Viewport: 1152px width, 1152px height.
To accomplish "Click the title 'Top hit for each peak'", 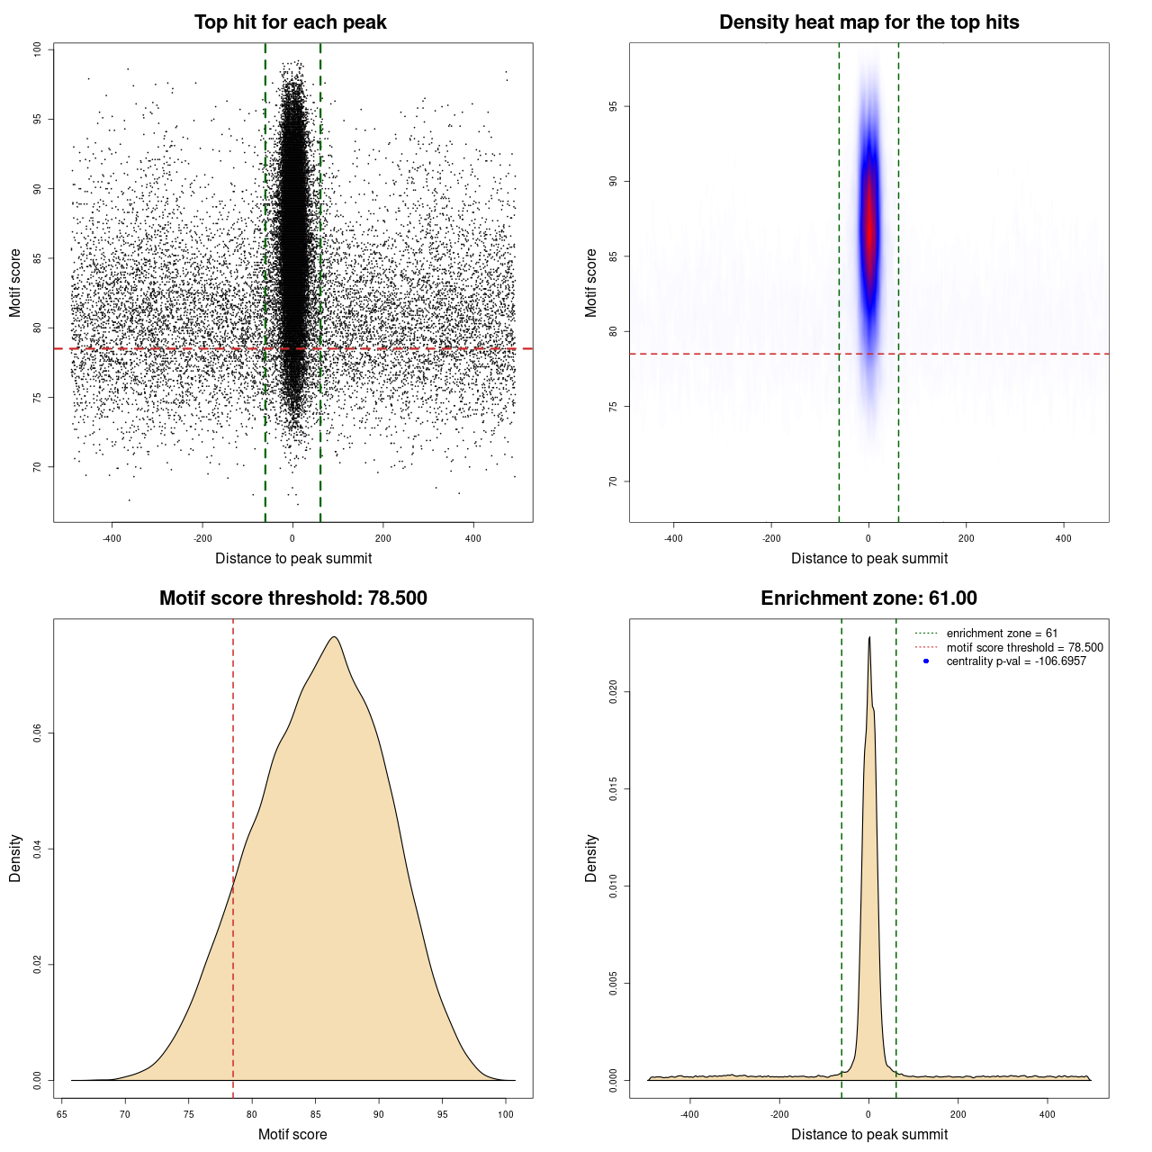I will tap(291, 22).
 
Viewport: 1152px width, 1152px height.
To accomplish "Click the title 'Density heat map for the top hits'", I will tap(868, 22).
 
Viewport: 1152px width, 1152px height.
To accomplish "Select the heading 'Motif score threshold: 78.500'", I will tap(292, 598).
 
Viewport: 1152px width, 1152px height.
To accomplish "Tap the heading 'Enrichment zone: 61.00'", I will tap(868, 598).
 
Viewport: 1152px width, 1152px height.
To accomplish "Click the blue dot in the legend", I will tap(926, 661).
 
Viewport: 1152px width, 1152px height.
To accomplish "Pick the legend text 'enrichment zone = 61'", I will tap(1002, 634).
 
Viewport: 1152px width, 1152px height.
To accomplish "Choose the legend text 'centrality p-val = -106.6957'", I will tap(1016, 661).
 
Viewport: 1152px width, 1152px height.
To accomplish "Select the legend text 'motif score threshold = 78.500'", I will tap(1024, 647).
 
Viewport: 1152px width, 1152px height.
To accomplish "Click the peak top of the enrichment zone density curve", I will tap(869, 637).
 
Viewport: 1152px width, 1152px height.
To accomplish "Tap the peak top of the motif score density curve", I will tap(335, 637).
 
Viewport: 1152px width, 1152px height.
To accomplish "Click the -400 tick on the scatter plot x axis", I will tap(112, 538).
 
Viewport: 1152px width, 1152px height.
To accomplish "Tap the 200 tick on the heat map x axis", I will tap(966, 538).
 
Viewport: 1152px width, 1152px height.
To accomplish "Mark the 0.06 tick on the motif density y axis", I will tap(37, 733).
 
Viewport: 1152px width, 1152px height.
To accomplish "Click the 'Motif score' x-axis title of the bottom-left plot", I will tap(292, 1134).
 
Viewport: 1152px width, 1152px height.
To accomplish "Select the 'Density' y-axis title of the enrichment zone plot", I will tap(590, 858).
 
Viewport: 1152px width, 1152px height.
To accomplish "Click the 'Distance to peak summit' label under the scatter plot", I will tap(293, 558).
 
